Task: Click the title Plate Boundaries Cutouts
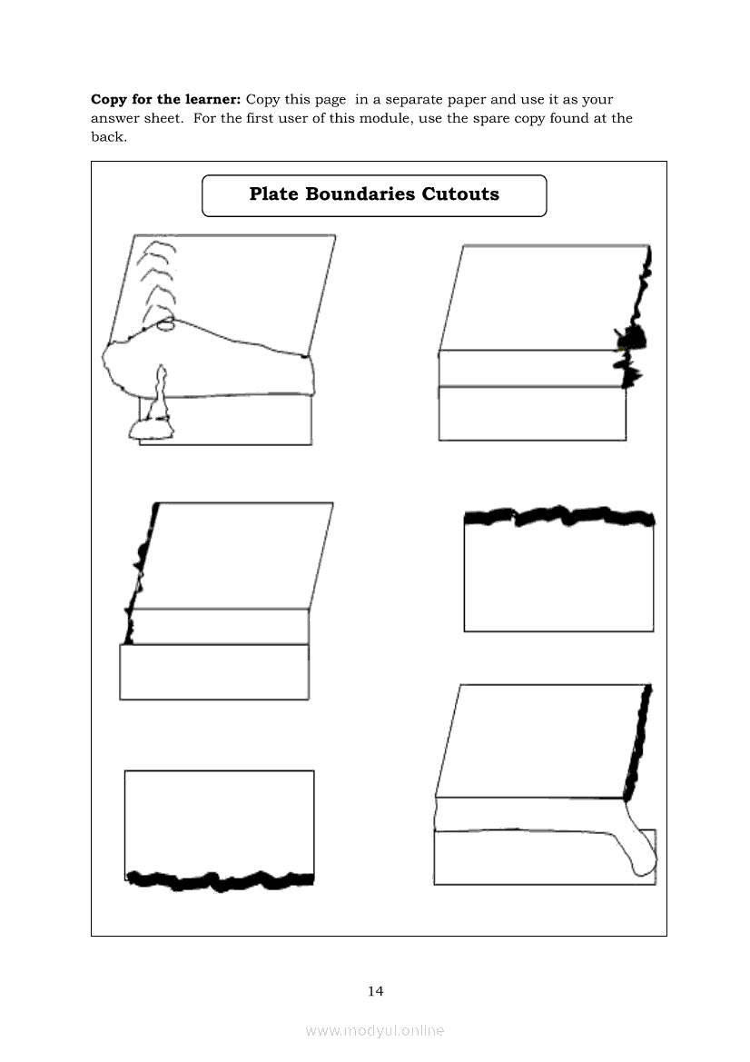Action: click(x=374, y=194)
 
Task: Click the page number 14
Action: click(x=376, y=991)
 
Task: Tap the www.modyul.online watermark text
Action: click(x=375, y=1030)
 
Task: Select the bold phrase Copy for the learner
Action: click(x=165, y=99)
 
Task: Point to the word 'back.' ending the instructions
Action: click(x=108, y=137)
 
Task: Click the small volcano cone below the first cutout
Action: click(x=161, y=400)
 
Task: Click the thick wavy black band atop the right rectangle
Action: click(x=558, y=518)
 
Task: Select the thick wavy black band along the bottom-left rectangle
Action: click(x=221, y=878)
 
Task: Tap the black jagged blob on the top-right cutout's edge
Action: click(x=635, y=338)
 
